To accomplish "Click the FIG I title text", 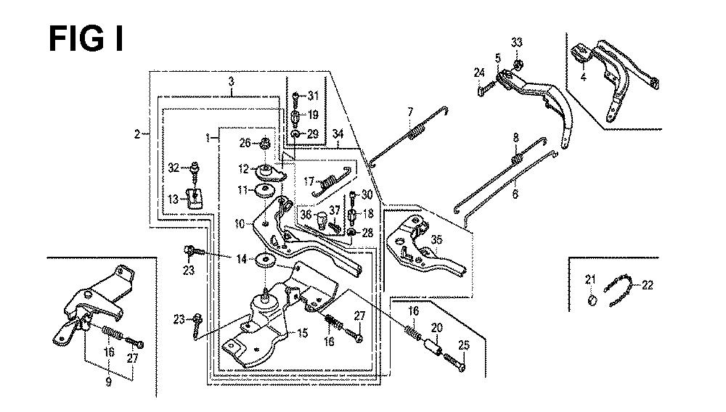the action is pyautogui.click(x=86, y=39).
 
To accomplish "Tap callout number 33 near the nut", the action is pyautogui.click(x=517, y=43).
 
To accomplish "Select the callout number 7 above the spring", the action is pyautogui.click(x=410, y=112).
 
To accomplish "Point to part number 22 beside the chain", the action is pyautogui.click(x=647, y=285).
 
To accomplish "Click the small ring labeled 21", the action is pyautogui.click(x=592, y=300).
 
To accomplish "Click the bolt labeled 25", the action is pyautogui.click(x=454, y=362).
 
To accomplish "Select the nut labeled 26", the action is pyautogui.click(x=266, y=144).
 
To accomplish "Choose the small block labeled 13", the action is pyautogui.click(x=195, y=199).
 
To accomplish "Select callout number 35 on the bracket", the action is pyautogui.click(x=436, y=239).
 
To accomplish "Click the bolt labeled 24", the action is pyautogui.click(x=487, y=87).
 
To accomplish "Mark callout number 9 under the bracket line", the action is pyautogui.click(x=108, y=382).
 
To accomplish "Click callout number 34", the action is pyautogui.click(x=338, y=133).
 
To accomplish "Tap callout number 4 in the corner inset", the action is pyautogui.click(x=583, y=77).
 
